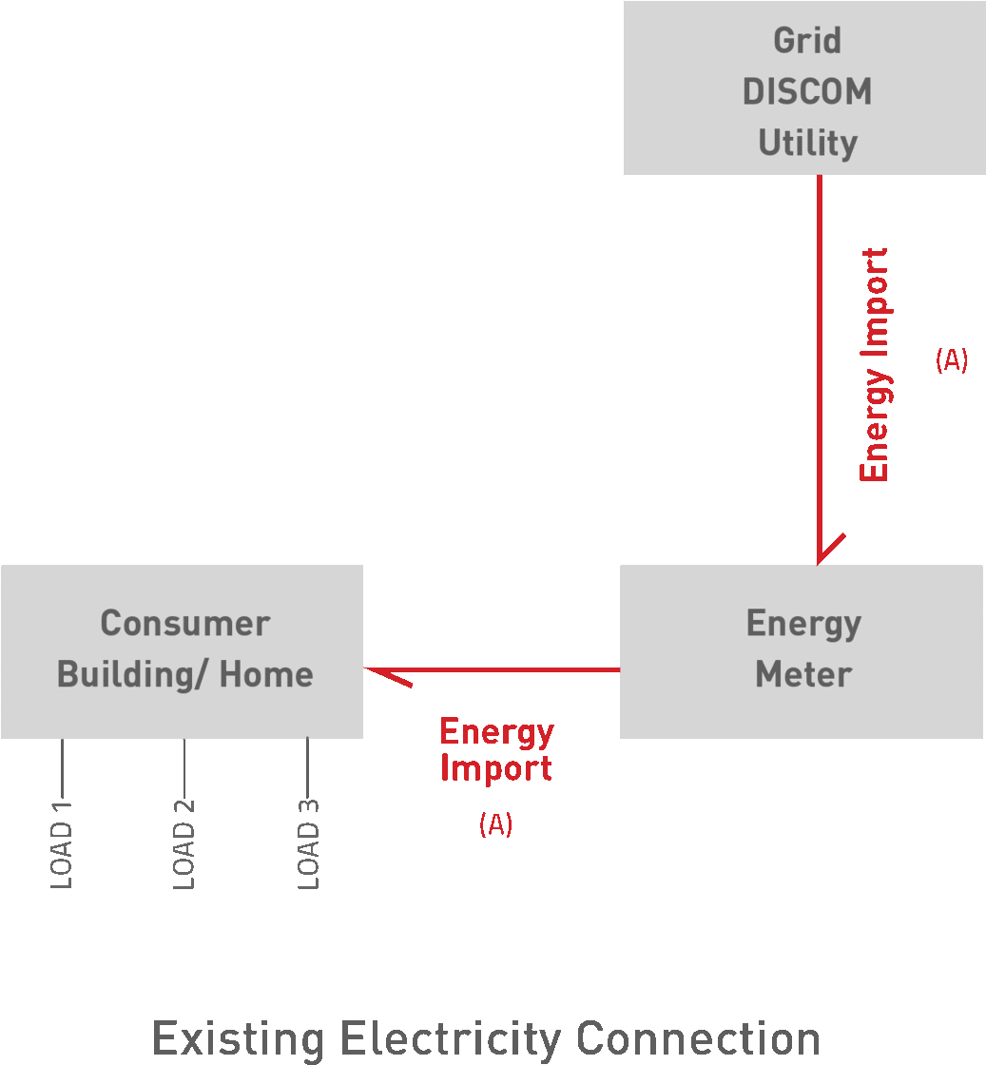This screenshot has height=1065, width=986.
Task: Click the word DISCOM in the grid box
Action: (806, 92)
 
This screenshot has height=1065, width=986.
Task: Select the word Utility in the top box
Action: (807, 144)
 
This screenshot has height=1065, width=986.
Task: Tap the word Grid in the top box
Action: (806, 41)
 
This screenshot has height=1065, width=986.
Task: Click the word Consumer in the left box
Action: (184, 624)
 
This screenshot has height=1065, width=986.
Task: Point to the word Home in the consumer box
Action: (266, 675)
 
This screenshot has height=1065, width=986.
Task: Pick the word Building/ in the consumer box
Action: (133, 675)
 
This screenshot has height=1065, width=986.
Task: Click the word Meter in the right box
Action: (803, 675)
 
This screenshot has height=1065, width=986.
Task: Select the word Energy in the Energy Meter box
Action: (803, 625)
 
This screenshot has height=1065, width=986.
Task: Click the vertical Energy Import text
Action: (874, 365)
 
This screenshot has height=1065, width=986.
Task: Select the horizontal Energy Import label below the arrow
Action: (496, 749)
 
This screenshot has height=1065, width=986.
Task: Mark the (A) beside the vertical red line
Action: (951, 360)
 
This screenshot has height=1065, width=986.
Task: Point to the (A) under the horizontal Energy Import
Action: (495, 824)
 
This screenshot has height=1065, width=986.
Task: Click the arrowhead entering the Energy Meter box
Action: (824, 552)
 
